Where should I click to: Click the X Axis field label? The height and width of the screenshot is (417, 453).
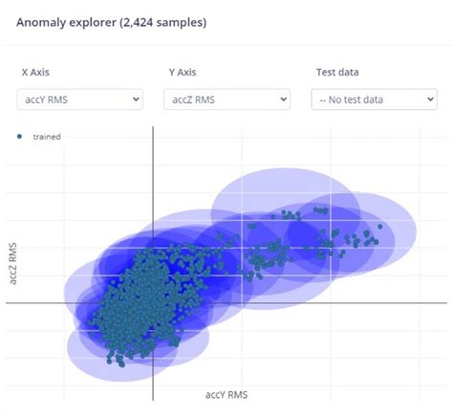click(x=37, y=72)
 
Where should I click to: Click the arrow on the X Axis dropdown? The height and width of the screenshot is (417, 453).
click(x=135, y=99)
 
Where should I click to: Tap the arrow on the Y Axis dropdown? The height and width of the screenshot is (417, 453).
click(x=283, y=99)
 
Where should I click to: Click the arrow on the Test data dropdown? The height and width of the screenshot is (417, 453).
click(x=428, y=99)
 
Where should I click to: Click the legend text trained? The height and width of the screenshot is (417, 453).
click(x=47, y=137)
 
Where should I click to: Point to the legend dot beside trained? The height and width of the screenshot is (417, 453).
click(x=20, y=137)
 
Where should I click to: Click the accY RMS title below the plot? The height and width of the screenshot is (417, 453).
click(x=227, y=393)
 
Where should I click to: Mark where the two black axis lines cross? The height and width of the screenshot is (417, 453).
click(x=153, y=303)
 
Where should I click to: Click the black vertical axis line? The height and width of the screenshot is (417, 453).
click(x=153, y=191)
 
